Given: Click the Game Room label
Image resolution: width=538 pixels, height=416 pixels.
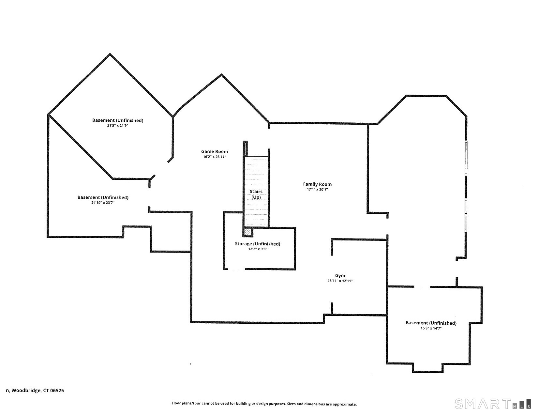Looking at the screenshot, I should point(214,151).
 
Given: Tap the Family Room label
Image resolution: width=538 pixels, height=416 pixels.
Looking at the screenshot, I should point(317,184).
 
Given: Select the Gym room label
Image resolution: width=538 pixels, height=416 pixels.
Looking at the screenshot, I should point(340,276).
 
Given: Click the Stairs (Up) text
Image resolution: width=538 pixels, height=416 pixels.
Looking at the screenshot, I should point(256,194).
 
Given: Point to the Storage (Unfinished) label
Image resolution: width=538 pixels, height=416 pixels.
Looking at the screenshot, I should point(257,244).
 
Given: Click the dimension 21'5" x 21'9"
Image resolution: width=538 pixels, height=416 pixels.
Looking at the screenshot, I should point(117,125).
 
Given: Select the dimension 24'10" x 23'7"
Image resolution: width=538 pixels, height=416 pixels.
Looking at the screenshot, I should point(103,203).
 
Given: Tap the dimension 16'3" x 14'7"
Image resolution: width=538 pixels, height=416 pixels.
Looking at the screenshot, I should point(431,328).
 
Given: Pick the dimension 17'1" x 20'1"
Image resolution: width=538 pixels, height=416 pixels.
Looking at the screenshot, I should point(317,189).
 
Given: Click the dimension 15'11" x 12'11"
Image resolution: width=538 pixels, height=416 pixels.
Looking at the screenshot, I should point(340,281).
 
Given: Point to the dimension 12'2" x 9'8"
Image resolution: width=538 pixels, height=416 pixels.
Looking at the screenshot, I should point(257,249).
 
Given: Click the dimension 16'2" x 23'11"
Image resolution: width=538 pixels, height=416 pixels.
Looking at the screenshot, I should point(214,157).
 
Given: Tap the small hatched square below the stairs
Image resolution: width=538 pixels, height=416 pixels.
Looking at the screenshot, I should point(248,232).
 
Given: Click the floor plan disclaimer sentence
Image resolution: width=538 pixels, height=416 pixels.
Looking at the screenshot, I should point(264,404).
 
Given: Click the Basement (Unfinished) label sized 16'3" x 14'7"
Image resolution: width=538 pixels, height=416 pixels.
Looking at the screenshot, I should point(431,323).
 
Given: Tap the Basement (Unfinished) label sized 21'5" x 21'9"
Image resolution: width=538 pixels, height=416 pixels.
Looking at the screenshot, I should point(117,120).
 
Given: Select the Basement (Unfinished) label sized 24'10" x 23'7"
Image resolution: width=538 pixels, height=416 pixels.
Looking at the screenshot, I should point(103,197).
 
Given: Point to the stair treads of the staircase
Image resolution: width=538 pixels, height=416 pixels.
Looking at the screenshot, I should point(256,173).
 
